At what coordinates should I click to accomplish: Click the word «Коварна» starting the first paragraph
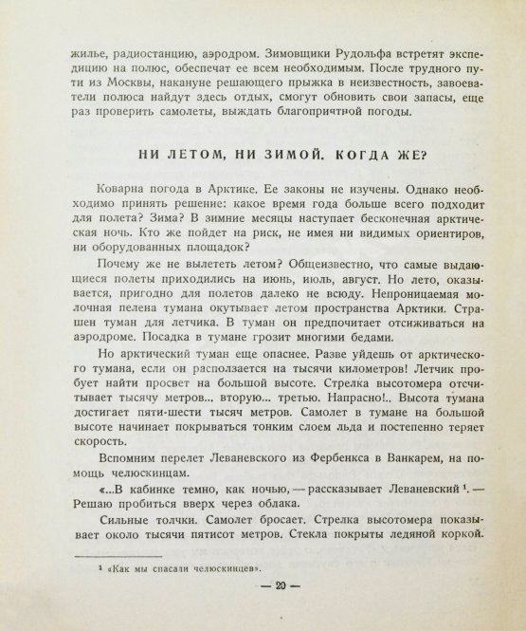click(122, 198)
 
